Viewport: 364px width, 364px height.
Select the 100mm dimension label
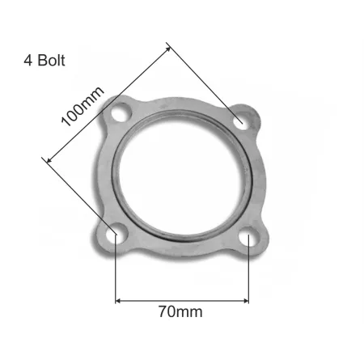[83, 108]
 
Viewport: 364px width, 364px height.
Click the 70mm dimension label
[181, 310]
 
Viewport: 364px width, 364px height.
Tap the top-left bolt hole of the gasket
[123, 114]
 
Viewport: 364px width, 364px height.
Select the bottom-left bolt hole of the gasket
[116, 235]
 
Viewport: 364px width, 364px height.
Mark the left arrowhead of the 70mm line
[120, 300]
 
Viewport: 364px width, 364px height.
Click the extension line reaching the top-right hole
[206, 84]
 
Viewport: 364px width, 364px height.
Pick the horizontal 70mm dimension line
[181, 300]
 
